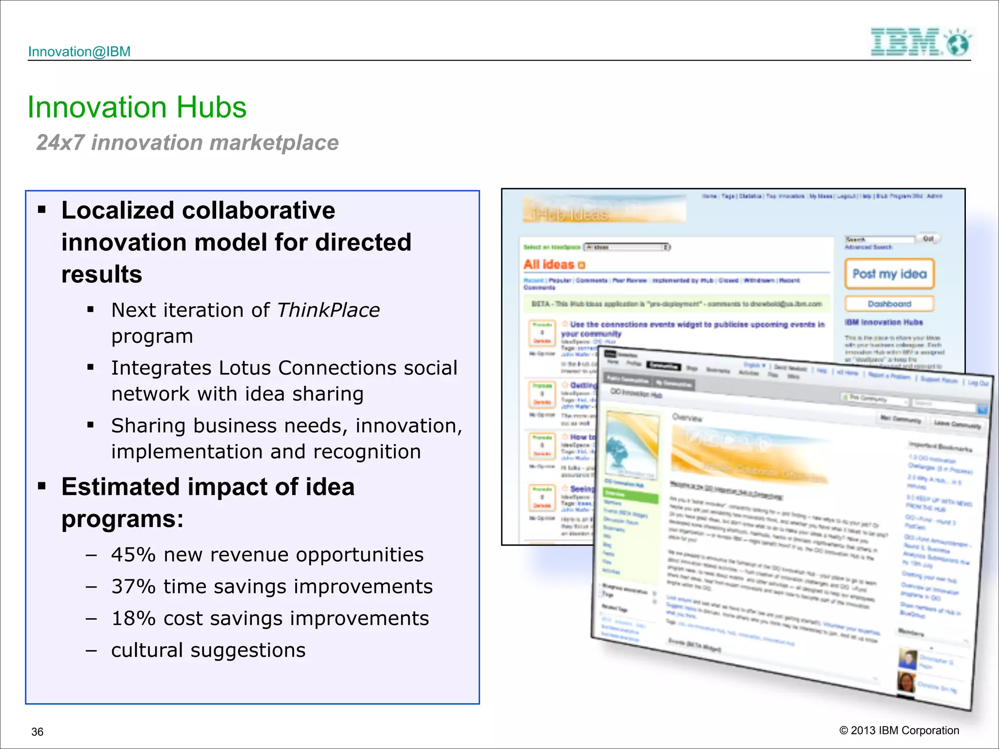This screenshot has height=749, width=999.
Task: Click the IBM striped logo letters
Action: pyautogui.click(x=905, y=42)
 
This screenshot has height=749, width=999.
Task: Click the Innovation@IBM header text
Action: pyautogui.click(x=79, y=52)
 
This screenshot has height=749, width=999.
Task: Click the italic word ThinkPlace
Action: pyautogui.click(x=328, y=310)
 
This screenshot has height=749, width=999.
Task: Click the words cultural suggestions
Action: pyautogui.click(x=208, y=650)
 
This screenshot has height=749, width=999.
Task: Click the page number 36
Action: pyautogui.click(x=37, y=732)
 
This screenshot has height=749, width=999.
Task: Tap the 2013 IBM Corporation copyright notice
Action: pyautogui.click(x=899, y=730)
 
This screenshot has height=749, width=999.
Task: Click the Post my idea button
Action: pyautogui.click(x=889, y=274)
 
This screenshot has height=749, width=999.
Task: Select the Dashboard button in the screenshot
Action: pyautogui.click(x=889, y=304)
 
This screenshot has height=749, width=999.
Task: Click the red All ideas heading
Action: pyautogui.click(x=549, y=265)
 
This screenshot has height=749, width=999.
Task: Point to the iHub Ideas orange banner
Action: pyautogui.click(x=604, y=210)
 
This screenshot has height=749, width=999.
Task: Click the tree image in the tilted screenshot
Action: pyautogui.click(x=630, y=445)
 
